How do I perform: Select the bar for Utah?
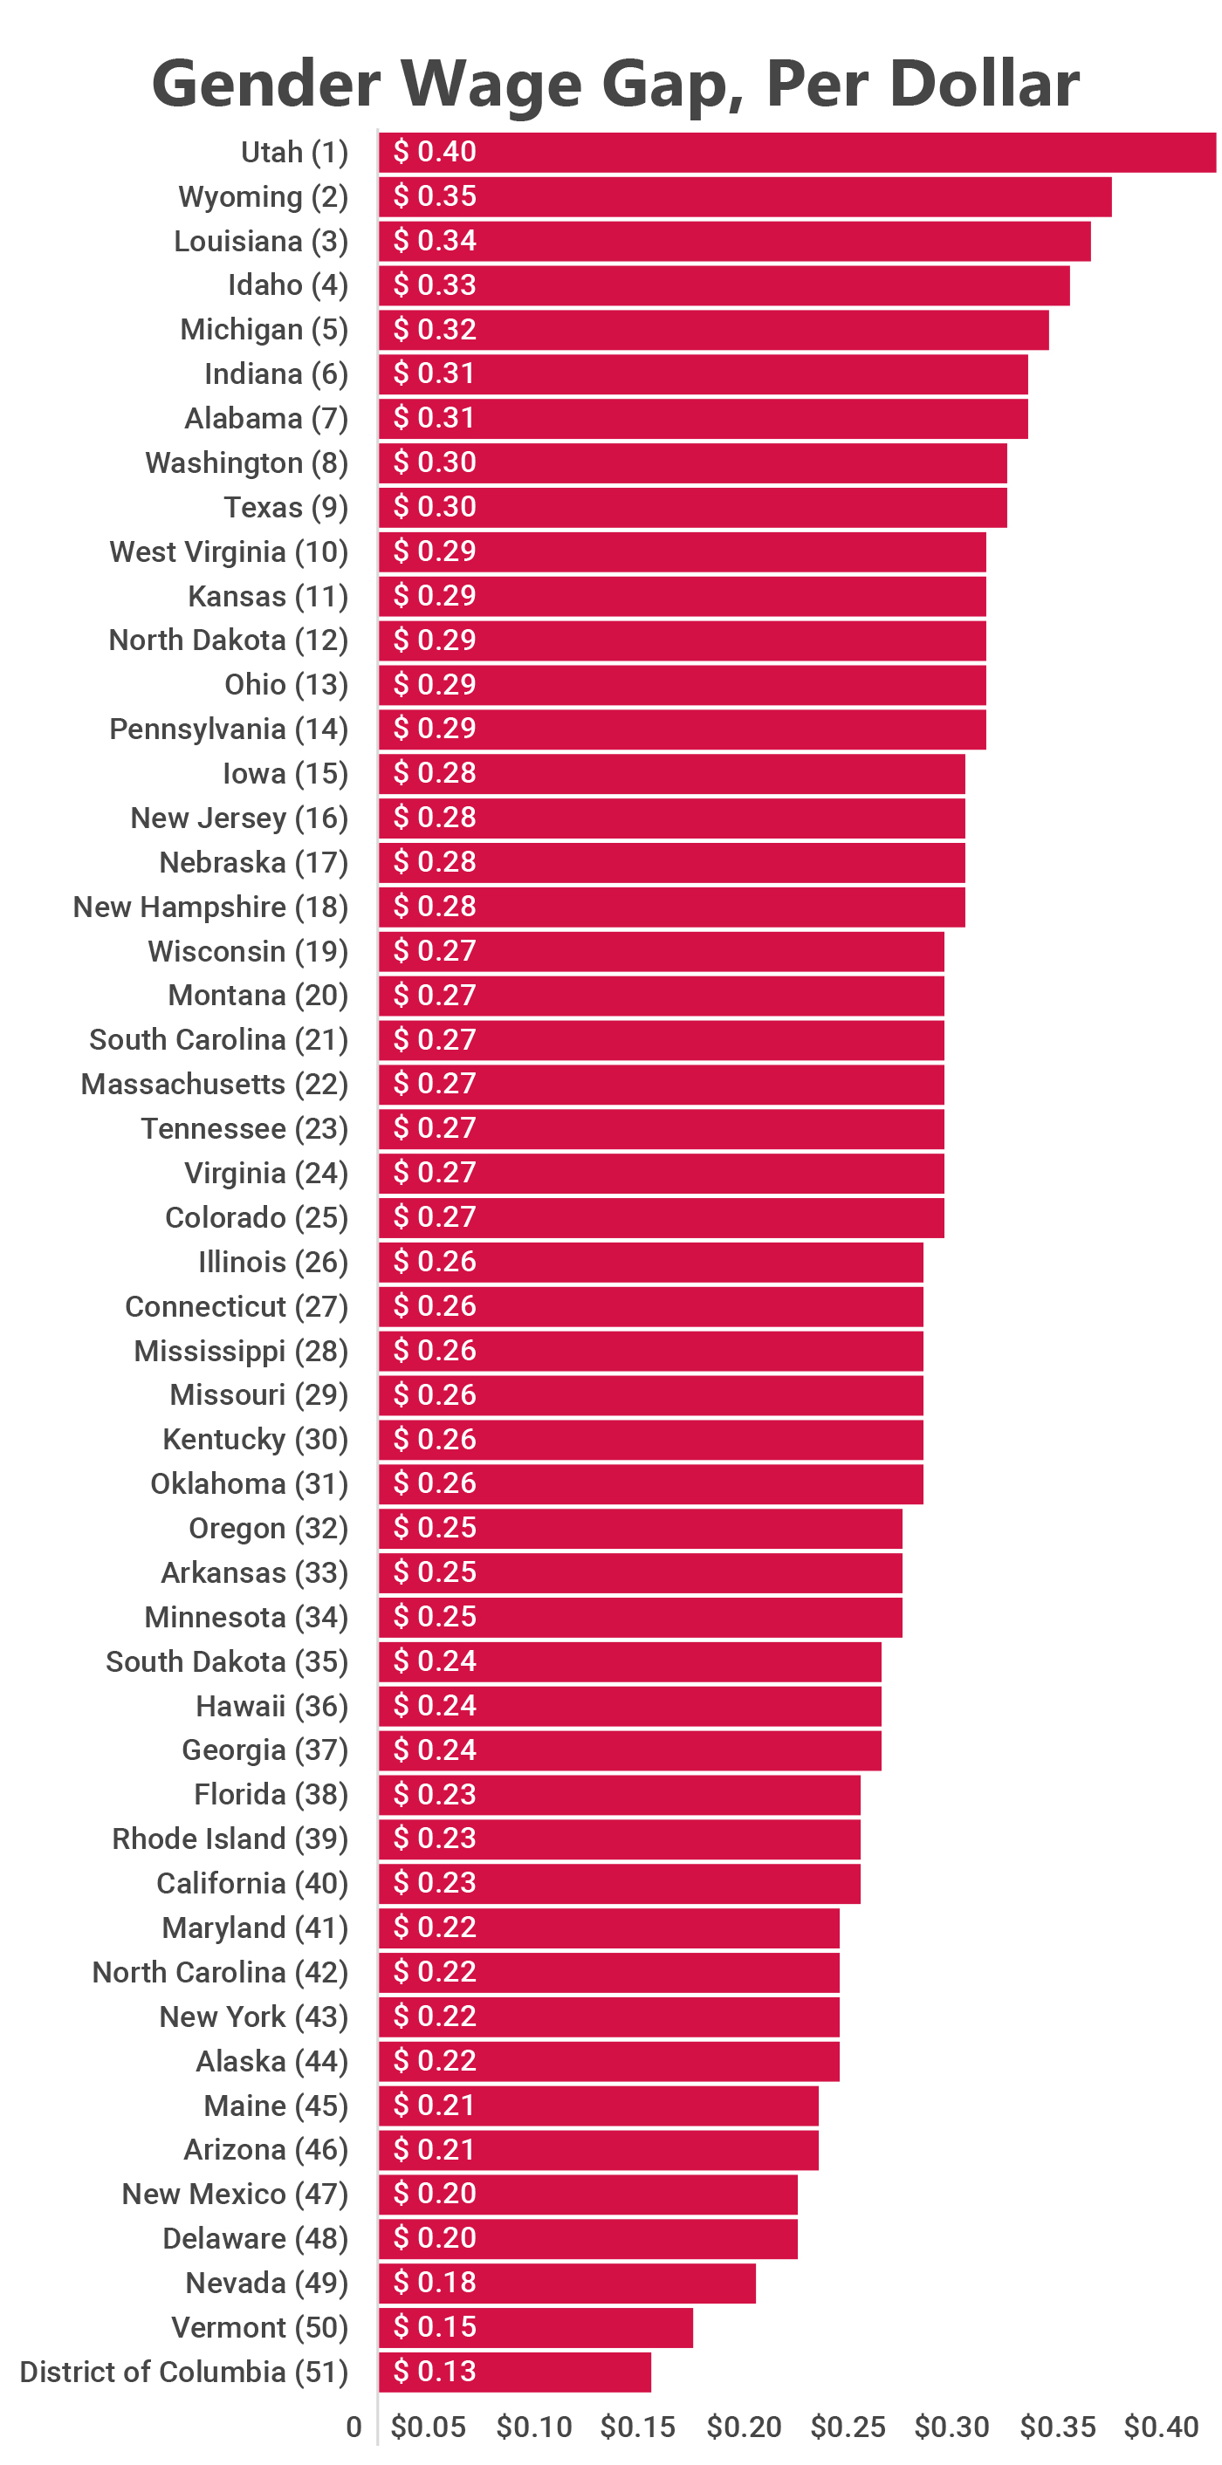(796, 152)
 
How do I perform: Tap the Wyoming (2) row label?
(263, 197)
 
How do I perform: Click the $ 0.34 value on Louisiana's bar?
(435, 241)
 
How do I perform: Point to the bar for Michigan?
(713, 330)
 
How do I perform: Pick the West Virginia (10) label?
(229, 552)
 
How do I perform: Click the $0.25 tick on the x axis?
(848, 2427)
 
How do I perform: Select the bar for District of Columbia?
(515, 2373)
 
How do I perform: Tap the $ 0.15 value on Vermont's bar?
(435, 2327)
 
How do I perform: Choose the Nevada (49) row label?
(267, 2284)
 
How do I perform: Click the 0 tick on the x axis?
(354, 2427)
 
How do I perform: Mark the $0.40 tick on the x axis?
(1161, 2427)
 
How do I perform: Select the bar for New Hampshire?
(671, 907)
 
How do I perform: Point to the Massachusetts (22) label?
(215, 1085)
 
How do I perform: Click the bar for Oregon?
(640, 1528)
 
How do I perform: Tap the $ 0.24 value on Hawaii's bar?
(435, 1705)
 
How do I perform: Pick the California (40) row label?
(252, 1883)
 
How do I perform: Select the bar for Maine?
(598, 2106)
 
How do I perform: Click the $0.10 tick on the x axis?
(534, 2427)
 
